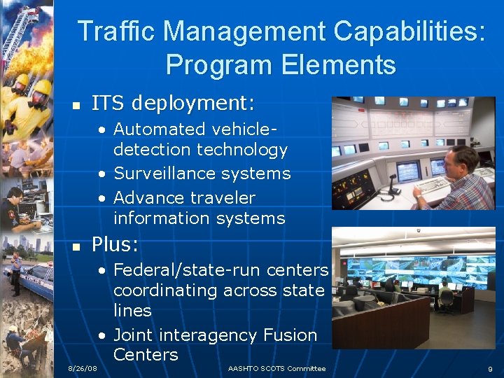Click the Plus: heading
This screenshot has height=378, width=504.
coord(115,245)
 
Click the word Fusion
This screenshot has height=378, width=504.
coord(291,335)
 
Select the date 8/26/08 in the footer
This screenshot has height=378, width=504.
coord(83,368)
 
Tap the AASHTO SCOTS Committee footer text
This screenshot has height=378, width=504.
coord(276,368)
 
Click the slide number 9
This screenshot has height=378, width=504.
coord(490,368)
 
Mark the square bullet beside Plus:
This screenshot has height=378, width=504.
coord(78,247)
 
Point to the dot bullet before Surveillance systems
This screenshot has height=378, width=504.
coord(102,174)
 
